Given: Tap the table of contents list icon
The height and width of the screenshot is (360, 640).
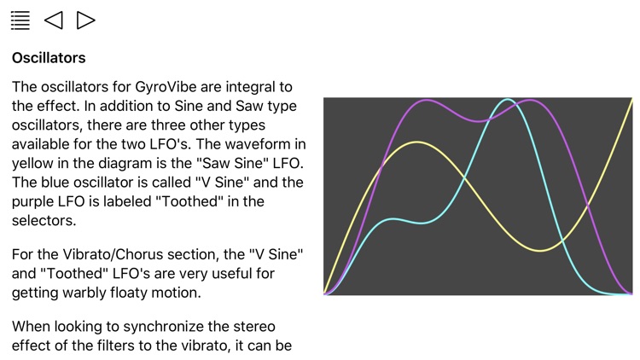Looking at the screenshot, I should click(x=20, y=20).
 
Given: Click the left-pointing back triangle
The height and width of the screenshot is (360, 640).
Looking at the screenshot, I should click(x=53, y=20).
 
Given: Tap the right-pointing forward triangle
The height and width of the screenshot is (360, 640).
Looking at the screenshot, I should click(x=85, y=20).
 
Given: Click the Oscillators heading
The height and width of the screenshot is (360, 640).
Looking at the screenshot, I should click(x=49, y=59).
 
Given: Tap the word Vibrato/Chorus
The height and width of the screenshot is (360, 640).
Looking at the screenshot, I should click(x=114, y=255).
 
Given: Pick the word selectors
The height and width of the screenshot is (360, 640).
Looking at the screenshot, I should click(x=44, y=220).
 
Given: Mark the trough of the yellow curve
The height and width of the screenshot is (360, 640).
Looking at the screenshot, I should click(x=540, y=251).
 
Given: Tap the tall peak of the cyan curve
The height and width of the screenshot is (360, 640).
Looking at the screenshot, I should click(x=508, y=100).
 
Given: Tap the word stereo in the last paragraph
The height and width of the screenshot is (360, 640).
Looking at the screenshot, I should click(x=253, y=327).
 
